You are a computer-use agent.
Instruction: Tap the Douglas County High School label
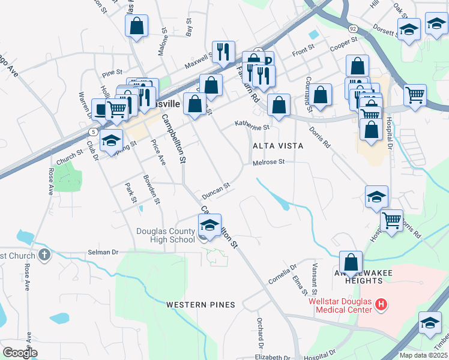(166, 235)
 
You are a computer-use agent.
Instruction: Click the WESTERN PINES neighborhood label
(200, 305)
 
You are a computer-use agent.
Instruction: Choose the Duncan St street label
(216, 191)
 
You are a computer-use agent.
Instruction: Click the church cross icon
(43, 256)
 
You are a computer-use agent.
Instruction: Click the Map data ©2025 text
(423, 355)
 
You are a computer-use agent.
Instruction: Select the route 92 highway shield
(353, 28)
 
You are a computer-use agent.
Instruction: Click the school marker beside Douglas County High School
(209, 225)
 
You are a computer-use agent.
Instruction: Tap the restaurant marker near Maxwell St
(223, 52)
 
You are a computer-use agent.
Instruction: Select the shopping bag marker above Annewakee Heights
(351, 262)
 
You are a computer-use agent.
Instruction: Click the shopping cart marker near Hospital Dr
(392, 220)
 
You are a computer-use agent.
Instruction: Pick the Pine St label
(112, 74)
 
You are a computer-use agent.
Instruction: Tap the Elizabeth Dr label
(268, 356)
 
